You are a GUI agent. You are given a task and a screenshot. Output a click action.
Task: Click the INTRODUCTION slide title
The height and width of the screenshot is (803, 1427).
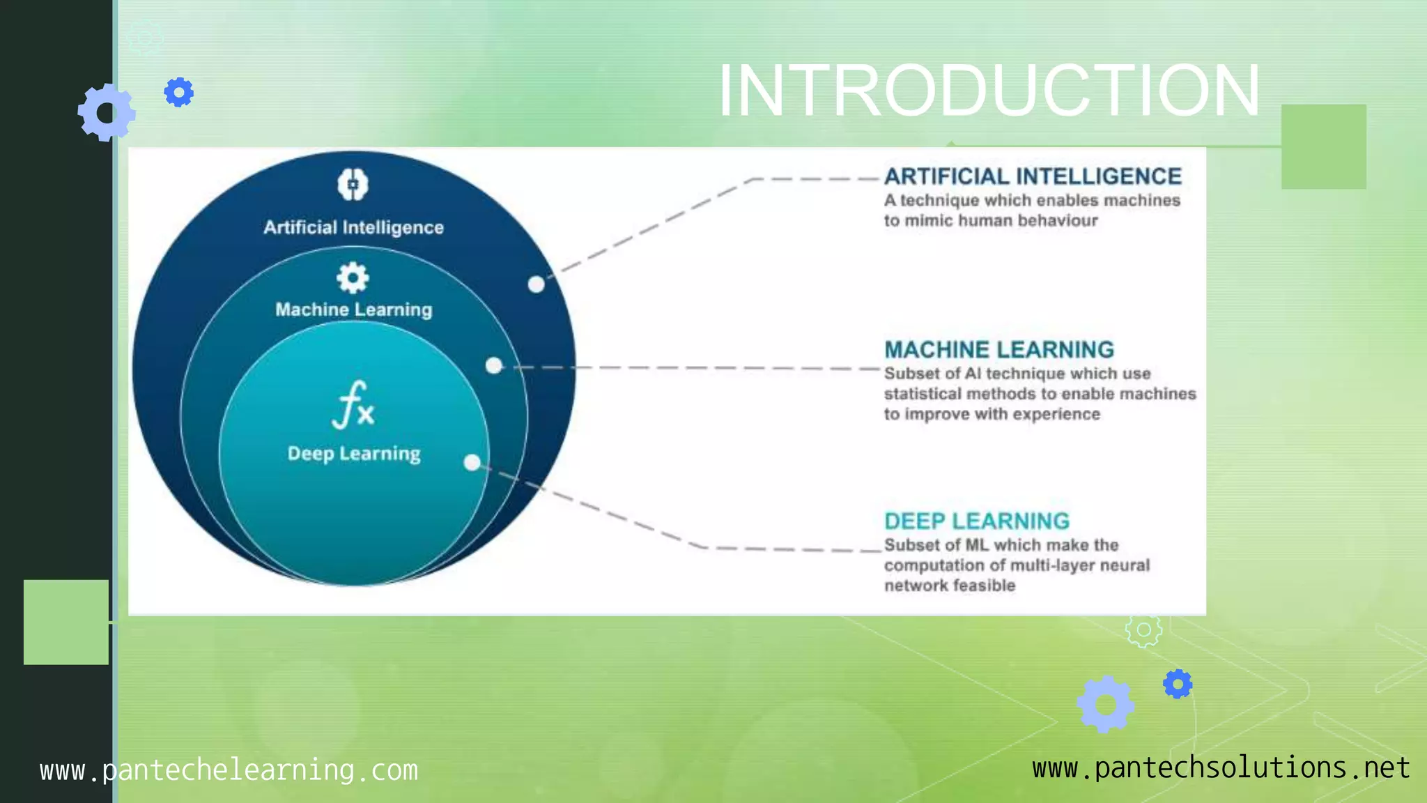coord(989,91)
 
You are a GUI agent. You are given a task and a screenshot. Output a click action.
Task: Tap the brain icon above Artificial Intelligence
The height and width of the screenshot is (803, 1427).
coord(353,185)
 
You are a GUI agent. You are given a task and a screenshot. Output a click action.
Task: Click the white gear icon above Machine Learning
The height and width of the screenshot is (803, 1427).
coord(353,278)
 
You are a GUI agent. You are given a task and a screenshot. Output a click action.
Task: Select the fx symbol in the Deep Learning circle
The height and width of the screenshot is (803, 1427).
coord(353,404)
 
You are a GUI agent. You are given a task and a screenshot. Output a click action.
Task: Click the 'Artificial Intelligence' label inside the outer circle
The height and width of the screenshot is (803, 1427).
coord(353,227)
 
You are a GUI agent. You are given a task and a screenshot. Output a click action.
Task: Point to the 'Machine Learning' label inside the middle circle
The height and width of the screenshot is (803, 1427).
coord(353,309)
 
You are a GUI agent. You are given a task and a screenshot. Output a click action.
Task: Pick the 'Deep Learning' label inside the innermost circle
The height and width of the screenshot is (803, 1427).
coord(354,454)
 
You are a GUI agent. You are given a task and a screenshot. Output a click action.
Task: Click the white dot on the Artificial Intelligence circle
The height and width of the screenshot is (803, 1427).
coord(536,284)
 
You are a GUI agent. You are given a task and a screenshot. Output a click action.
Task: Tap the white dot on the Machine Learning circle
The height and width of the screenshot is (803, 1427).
coord(494,365)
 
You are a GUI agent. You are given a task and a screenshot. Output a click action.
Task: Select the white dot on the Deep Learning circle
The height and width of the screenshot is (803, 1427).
coord(472,462)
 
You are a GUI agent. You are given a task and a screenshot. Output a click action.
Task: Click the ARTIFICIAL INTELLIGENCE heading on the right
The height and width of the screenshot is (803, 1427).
coord(1033,176)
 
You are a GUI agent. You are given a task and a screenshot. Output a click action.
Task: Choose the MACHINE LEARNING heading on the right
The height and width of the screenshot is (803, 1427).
coord(999,349)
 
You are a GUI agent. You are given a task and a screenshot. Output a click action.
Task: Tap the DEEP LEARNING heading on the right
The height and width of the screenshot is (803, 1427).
coord(977,521)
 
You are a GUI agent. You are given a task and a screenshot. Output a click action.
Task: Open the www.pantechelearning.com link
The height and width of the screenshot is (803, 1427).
coord(229,770)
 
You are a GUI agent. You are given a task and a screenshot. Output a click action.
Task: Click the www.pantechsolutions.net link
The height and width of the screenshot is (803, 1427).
coord(1221,767)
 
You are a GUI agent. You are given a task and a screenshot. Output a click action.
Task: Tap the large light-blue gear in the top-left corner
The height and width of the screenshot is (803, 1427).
coord(106,112)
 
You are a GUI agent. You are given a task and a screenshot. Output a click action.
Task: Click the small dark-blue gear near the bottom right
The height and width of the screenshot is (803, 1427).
coord(1178,684)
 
